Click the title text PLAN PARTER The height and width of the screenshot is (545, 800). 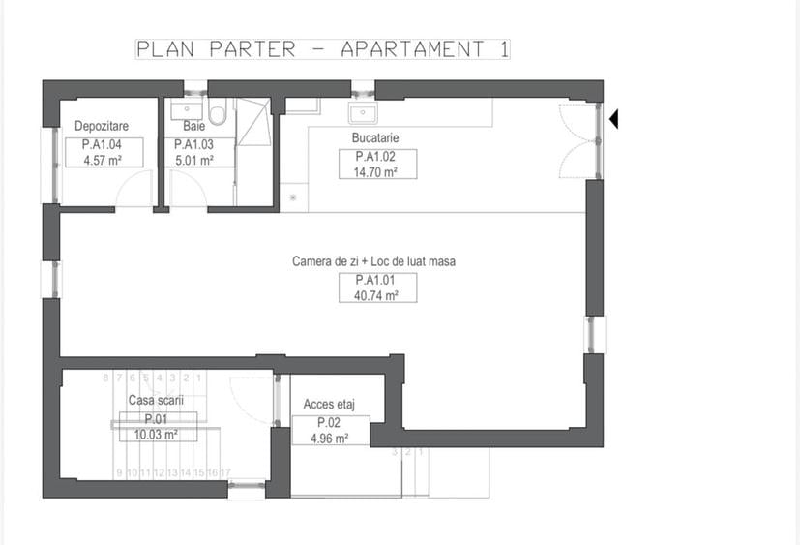pyautogui.click(x=215, y=49)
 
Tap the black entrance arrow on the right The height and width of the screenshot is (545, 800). pyautogui.click(x=614, y=119)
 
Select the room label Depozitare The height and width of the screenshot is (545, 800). pyautogui.click(x=102, y=127)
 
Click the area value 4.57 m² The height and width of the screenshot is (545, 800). pyautogui.click(x=103, y=160)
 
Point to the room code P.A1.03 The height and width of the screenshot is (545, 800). pyautogui.click(x=194, y=145)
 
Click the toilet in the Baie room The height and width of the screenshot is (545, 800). pyautogui.click(x=218, y=115)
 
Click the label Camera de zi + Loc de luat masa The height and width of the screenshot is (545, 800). pyautogui.click(x=373, y=261)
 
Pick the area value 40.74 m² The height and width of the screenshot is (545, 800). pyautogui.click(x=378, y=295)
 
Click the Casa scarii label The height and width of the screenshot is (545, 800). pyautogui.click(x=156, y=401)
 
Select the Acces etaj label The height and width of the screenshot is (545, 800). pyautogui.click(x=330, y=404)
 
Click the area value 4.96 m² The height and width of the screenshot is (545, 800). pyautogui.click(x=330, y=439)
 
